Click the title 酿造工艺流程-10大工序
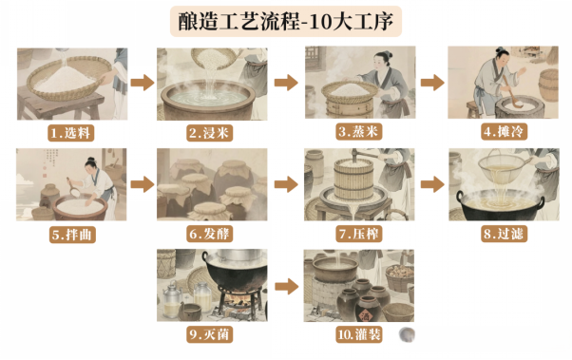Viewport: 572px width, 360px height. pyautogui.click(x=286, y=21)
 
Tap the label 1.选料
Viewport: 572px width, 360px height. pyautogui.click(x=70, y=133)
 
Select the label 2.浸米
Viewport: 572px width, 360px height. pyautogui.click(x=209, y=133)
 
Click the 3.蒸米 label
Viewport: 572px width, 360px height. pyautogui.click(x=358, y=132)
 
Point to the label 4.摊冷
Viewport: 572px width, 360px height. pyautogui.click(x=504, y=132)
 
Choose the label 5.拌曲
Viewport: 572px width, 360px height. pyautogui.click(x=72, y=235)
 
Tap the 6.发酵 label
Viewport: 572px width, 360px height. pyautogui.click(x=209, y=234)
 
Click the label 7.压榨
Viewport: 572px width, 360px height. pyautogui.click(x=358, y=234)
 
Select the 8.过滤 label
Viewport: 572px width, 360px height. pyautogui.click(x=504, y=234)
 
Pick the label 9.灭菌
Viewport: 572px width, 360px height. pyautogui.click(x=209, y=334)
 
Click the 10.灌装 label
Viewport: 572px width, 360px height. pyautogui.click(x=358, y=334)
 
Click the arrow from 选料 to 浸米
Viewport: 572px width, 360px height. pyautogui.click(x=143, y=83)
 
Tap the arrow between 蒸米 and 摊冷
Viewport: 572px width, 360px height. pyautogui.click(x=432, y=83)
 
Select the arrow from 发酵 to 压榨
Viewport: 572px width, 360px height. pyautogui.click(x=286, y=184)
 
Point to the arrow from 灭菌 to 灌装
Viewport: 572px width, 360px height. pyautogui.click(x=286, y=286)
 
